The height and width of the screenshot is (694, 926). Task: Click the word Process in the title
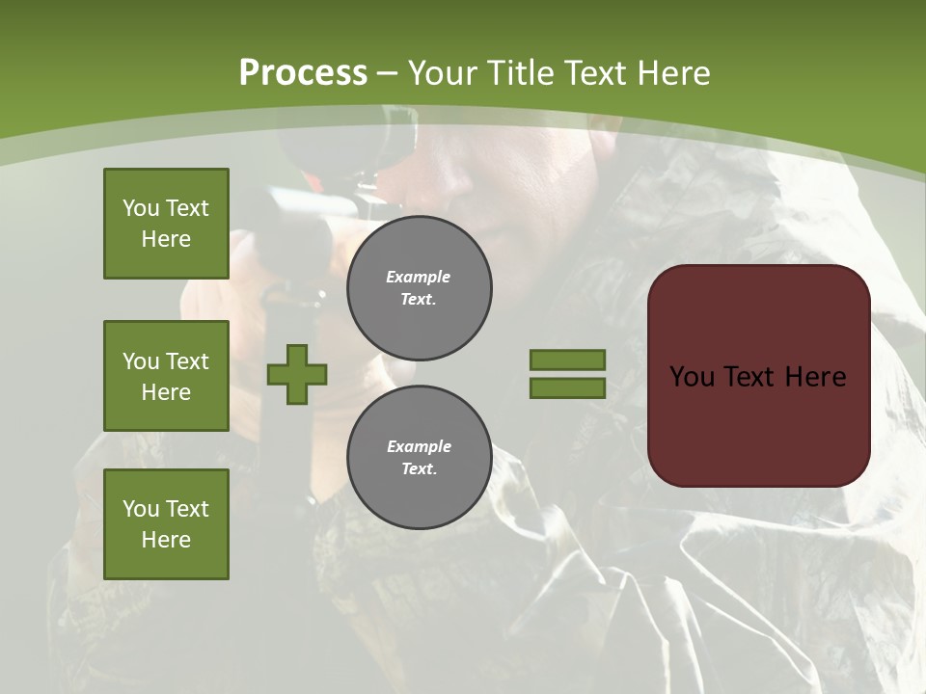303,73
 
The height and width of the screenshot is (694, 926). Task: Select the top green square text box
166,224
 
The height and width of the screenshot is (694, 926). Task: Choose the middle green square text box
166,376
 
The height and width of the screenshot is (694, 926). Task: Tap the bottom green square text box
166,523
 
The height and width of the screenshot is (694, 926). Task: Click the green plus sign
297,374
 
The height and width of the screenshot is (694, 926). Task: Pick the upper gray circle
419,288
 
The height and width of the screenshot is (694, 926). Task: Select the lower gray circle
419,457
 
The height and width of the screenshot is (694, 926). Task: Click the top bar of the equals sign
567,360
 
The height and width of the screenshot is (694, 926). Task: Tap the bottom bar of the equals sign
567,388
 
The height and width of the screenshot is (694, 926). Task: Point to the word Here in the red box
815,377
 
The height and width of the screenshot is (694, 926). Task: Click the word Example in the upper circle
419,277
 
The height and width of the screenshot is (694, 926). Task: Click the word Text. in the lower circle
419,469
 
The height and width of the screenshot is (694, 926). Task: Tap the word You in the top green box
141,208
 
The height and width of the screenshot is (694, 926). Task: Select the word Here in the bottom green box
166,540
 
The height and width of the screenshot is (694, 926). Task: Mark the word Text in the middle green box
187,361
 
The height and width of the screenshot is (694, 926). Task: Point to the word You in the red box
692,377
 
